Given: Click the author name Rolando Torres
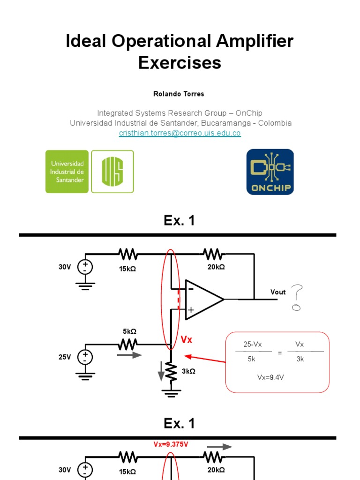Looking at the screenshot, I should click(x=179, y=94).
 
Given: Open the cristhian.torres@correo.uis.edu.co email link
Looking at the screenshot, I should click(x=180, y=133).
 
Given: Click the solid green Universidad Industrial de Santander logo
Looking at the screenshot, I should click(x=67, y=172).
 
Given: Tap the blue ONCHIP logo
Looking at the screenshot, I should click(x=270, y=172).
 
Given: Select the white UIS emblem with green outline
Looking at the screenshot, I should click(x=112, y=172).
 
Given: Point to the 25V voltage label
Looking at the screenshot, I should click(x=65, y=357).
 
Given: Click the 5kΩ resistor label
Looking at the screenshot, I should click(x=129, y=331).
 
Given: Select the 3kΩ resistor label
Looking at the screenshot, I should click(x=188, y=371).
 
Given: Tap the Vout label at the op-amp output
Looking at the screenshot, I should click(x=278, y=292).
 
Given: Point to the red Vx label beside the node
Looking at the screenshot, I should click(x=187, y=340).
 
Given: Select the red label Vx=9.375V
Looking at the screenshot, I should click(x=171, y=444).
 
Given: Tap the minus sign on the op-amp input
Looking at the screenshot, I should click(x=191, y=289).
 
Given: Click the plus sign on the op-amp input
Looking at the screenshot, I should click(x=191, y=310).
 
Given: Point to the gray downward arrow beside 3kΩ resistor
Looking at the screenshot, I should click(x=162, y=370).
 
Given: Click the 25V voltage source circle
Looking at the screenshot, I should click(x=85, y=357).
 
